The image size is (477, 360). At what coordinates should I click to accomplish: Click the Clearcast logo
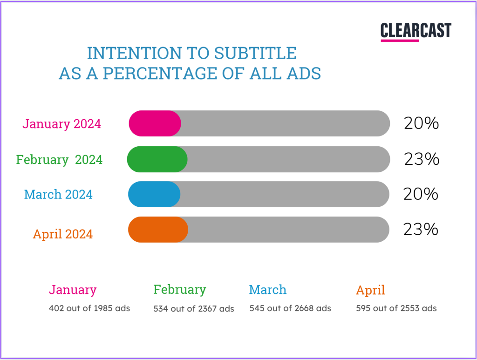(x=416, y=31)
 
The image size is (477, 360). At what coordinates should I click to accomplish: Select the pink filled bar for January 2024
(x=155, y=123)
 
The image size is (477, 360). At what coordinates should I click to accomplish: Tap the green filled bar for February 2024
(x=157, y=159)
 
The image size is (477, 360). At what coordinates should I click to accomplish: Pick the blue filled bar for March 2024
(x=154, y=194)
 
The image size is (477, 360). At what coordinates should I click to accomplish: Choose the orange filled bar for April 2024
(x=158, y=230)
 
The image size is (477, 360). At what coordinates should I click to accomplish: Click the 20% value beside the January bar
(x=421, y=123)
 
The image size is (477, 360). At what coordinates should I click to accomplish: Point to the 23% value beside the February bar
(x=422, y=159)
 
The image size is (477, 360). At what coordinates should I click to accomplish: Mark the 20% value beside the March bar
(x=421, y=194)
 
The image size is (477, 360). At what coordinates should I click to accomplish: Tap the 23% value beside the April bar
(x=421, y=229)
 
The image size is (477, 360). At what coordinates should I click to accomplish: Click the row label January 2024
(x=62, y=124)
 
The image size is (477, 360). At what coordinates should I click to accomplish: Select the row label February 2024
(x=59, y=160)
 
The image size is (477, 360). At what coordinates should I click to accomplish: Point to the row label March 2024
(x=58, y=194)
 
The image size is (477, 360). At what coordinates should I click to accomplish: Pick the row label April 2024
(x=63, y=234)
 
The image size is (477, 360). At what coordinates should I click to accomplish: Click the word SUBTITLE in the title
(x=255, y=53)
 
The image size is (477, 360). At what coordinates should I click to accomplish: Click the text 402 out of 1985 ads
(x=89, y=308)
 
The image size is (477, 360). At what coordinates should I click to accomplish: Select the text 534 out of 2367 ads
(x=194, y=309)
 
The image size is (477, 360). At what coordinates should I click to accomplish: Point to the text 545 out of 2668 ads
(x=290, y=308)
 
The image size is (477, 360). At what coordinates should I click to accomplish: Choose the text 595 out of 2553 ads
(x=396, y=308)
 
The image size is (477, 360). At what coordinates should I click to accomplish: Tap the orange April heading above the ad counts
(x=370, y=290)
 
